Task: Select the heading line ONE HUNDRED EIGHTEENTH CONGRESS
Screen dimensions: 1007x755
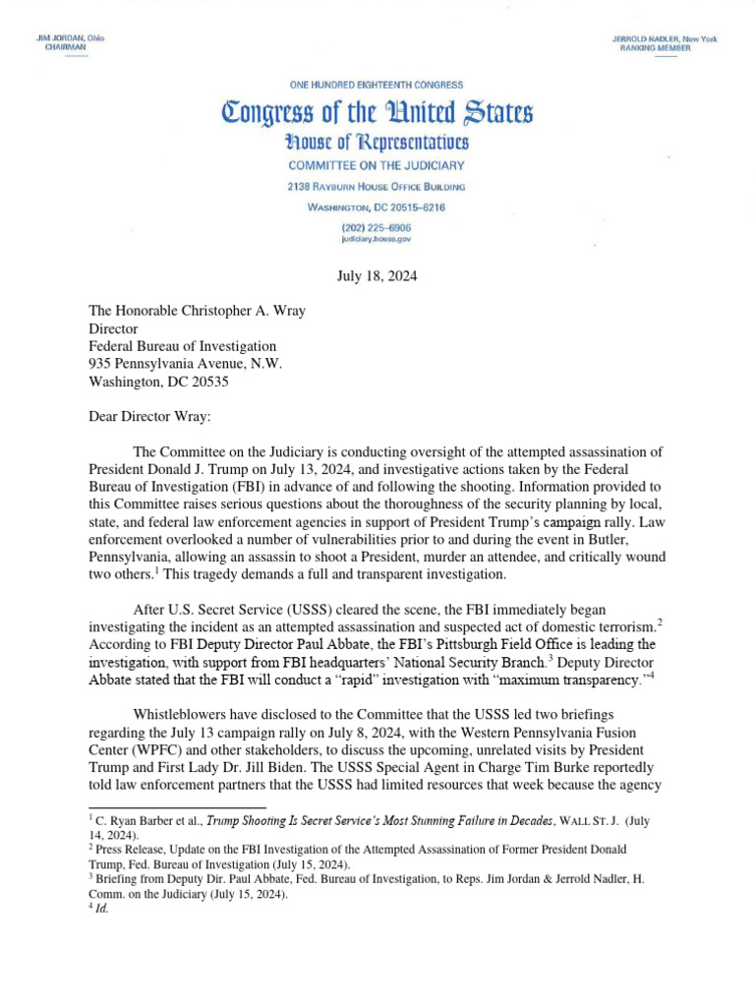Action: pyautogui.click(x=377, y=86)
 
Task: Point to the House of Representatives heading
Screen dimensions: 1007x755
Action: pyautogui.click(x=377, y=144)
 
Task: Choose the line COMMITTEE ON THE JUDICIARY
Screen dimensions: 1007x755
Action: pyautogui.click(x=377, y=166)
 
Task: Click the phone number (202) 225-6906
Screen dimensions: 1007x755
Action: pyautogui.click(x=377, y=227)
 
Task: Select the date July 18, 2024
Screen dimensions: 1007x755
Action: pyautogui.click(x=377, y=276)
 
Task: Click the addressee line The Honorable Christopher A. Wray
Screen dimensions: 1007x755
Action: pyautogui.click(x=198, y=311)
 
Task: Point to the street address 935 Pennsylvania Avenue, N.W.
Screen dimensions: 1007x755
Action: pyautogui.click(x=185, y=364)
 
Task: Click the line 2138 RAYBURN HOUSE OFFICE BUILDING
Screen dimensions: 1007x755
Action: pyautogui.click(x=377, y=187)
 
